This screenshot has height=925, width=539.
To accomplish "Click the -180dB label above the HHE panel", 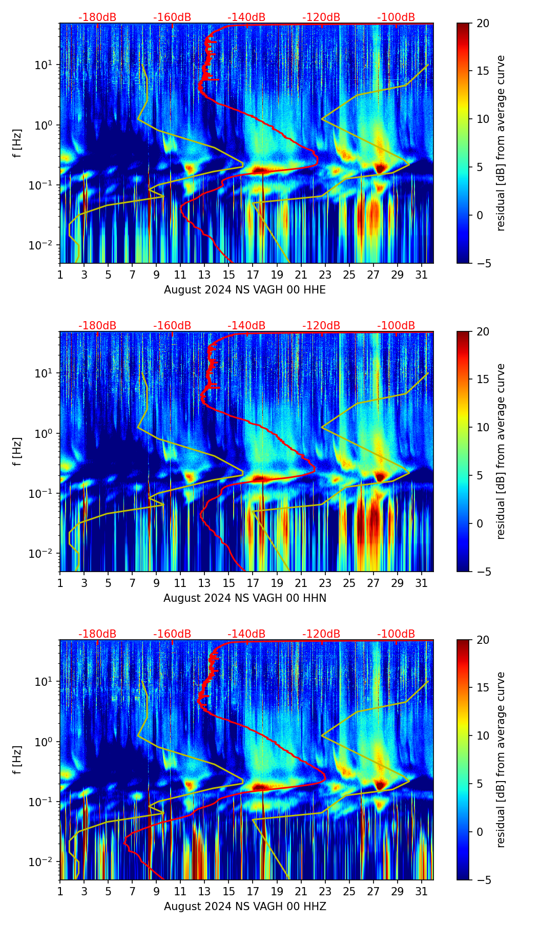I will tap(97, 17).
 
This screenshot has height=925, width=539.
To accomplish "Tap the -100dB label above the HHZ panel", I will tap(396, 634).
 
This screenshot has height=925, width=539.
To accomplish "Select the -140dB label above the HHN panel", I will tap(246, 326).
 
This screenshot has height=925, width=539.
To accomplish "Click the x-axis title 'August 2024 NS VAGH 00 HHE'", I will tap(245, 290).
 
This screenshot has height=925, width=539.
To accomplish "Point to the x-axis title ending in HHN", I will tap(245, 598).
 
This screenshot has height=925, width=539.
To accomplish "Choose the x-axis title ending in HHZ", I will tap(245, 907).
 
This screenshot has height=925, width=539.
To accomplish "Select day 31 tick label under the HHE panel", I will tap(422, 275).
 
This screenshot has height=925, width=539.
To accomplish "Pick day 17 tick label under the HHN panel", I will tap(253, 583).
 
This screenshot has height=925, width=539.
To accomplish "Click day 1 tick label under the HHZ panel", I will tap(60, 891).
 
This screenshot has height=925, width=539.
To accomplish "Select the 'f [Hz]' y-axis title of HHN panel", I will tap(18, 451).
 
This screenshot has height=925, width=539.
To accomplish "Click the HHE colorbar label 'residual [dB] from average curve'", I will tap(501, 143).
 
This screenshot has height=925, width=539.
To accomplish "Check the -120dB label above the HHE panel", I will tap(321, 17).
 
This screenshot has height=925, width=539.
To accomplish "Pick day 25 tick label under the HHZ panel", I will tap(349, 891).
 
